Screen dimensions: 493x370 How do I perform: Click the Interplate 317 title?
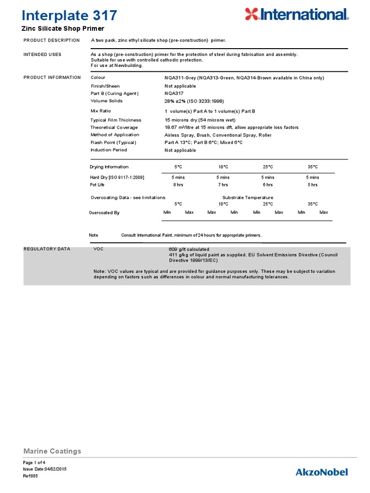(70, 15)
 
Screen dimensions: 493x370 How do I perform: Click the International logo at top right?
(296, 14)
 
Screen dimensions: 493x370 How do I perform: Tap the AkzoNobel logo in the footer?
(321, 472)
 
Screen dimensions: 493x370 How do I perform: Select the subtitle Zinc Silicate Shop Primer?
(63, 29)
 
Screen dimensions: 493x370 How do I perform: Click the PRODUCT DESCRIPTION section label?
(52, 40)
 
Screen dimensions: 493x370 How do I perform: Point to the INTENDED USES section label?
(42, 54)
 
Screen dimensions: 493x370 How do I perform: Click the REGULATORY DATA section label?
(47, 249)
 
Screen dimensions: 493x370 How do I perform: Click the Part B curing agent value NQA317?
(173, 93)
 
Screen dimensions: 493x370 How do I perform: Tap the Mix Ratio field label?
(101, 111)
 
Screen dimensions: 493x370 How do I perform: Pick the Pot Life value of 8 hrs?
(178, 184)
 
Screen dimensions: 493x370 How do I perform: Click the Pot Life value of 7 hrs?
(223, 184)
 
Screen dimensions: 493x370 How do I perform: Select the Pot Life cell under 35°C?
(312, 184)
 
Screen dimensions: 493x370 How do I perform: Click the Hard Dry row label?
(117, 177)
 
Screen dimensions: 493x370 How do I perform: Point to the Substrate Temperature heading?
(248, 197)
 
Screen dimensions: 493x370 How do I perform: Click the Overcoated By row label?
(105, 212)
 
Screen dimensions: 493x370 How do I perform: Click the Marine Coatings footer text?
(53, 451)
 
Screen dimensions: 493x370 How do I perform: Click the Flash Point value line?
(203, 143)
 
